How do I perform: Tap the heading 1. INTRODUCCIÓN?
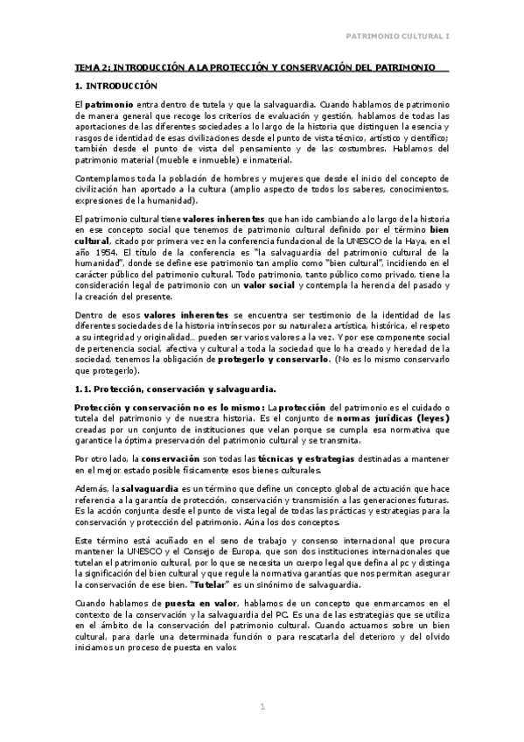[115, 86]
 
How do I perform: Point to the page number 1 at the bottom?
[262, 706]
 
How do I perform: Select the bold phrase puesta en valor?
[171, 603]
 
